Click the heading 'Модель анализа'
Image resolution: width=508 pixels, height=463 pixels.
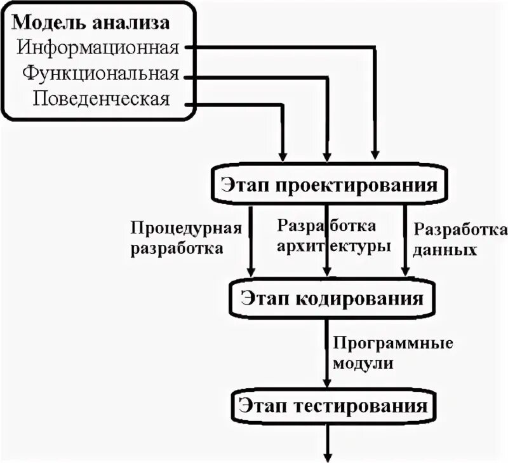(x=91, y=23)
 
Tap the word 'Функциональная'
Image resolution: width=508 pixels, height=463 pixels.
(x=100, y=73)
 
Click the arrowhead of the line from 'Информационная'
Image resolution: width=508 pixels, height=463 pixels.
(x=375, y=155)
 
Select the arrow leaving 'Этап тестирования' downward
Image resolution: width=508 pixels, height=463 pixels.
(x=328, y=445)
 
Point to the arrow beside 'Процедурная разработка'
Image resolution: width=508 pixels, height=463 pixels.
(x=251, y=242)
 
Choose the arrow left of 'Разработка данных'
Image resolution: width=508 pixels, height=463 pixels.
(x=404, y=242)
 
